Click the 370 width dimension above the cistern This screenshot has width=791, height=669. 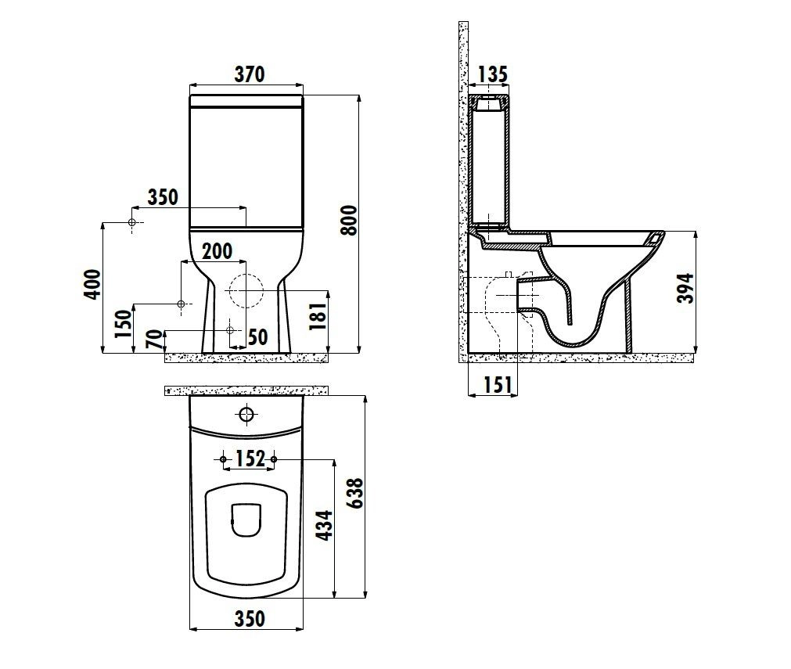(250, 74)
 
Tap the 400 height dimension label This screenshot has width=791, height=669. (92, 285)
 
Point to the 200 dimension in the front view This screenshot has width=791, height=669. (218, 251)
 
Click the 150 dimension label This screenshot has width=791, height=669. (123, 324)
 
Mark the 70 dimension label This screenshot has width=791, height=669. (156, 339)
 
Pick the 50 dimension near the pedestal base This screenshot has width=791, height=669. (257, 337)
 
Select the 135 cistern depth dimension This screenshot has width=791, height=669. (492, 74)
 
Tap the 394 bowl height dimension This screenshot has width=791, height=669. (685, 289)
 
